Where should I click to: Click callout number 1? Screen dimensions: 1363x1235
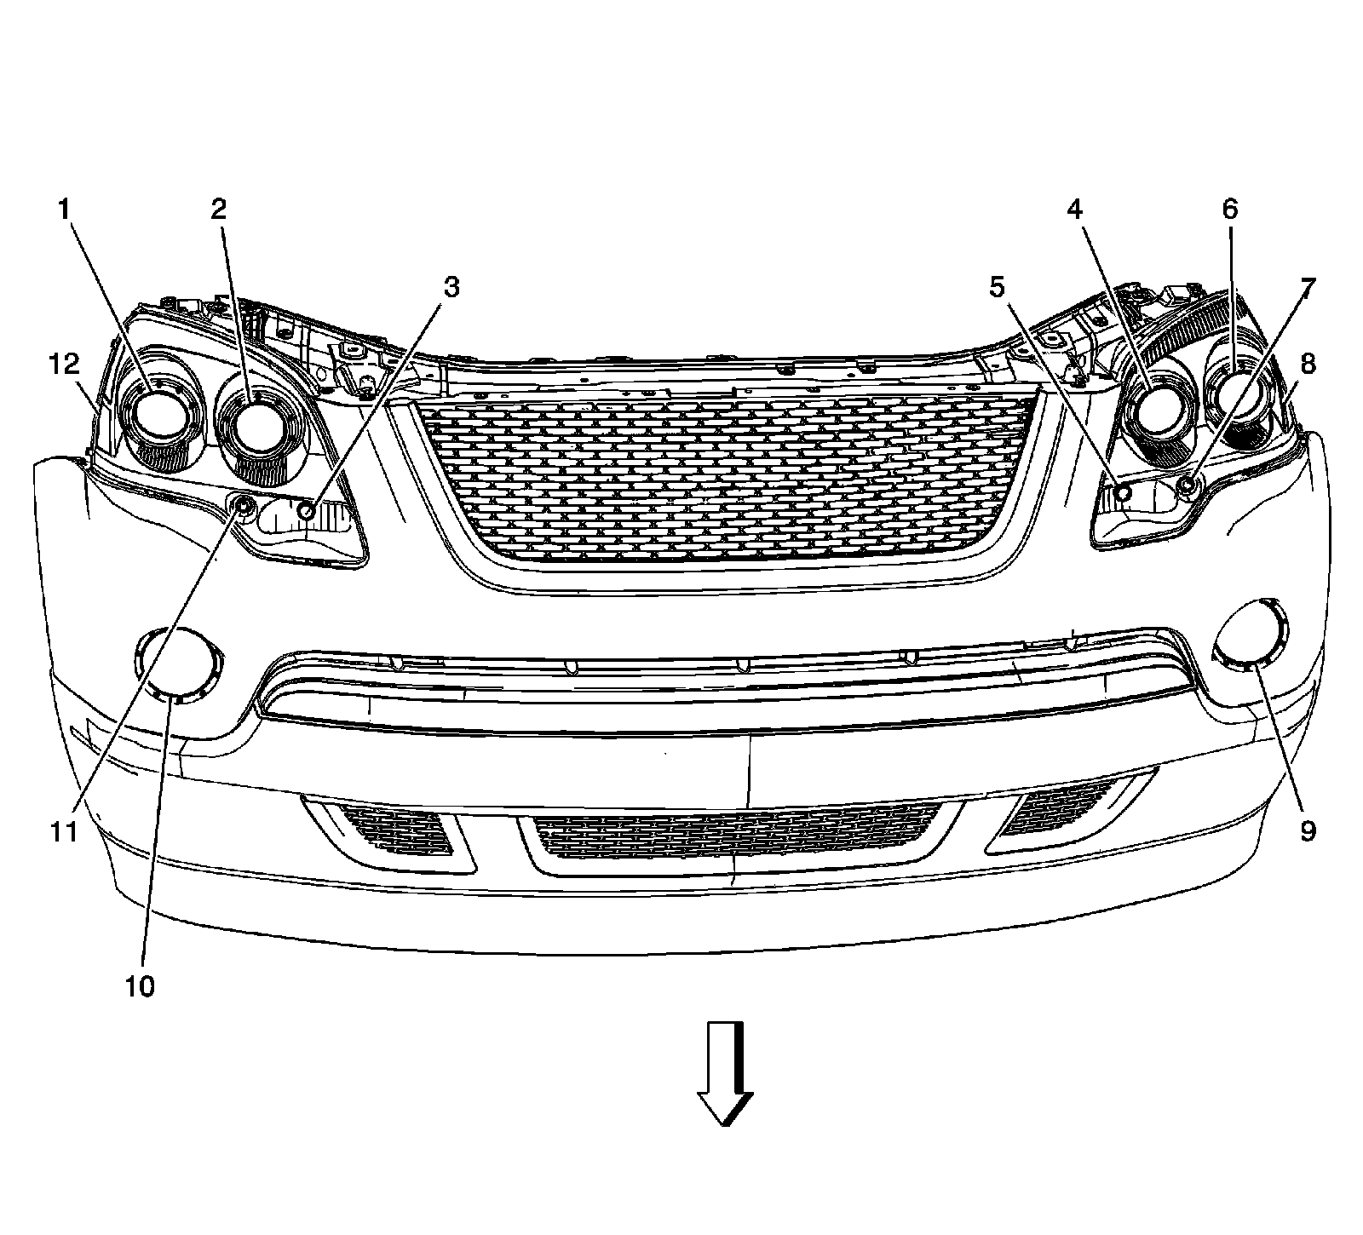click(x=64, y=210)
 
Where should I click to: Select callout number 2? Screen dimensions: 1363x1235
click(x=220, y=210)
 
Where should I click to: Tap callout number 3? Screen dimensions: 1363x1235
click(x=451, y=288)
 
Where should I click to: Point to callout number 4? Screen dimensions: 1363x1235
click(x=1077, y=210)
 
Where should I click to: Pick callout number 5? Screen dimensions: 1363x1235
click(x=997, y=288)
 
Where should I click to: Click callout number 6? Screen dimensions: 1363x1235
click(x=1230, y=210)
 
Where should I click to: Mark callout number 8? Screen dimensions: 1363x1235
click(x=1308, y=365)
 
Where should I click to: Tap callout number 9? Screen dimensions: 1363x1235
click(x=1308, y=830)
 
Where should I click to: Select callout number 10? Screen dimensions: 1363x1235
click(x=141, y=986)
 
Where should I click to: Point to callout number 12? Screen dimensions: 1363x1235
click(x=64, y=365)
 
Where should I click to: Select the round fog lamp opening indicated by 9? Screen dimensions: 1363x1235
click(x=1251, y=635)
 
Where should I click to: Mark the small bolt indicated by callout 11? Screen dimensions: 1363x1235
click(x=244, y=508)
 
